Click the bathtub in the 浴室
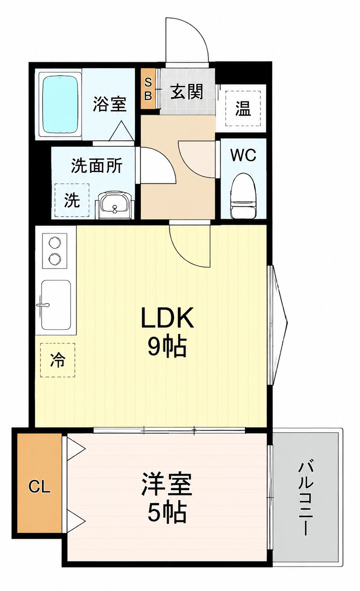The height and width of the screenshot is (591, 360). (60, 105)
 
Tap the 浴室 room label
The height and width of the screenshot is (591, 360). (109, 104)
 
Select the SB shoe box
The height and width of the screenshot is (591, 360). (148, 89)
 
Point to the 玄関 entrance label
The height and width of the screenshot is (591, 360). (187, 92)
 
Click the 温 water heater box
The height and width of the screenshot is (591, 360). (243, 108)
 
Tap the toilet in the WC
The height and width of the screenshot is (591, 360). (243, 196)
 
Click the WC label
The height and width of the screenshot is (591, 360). (243, 155)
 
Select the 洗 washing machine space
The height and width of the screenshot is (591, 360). (72, 200)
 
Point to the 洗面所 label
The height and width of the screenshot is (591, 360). (97, 166)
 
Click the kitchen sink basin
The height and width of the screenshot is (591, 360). (56, 305)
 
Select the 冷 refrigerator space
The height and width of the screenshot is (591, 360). (57, 360)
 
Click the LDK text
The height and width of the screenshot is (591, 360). (167, 317)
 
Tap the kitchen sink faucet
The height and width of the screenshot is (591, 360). (43, 305)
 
